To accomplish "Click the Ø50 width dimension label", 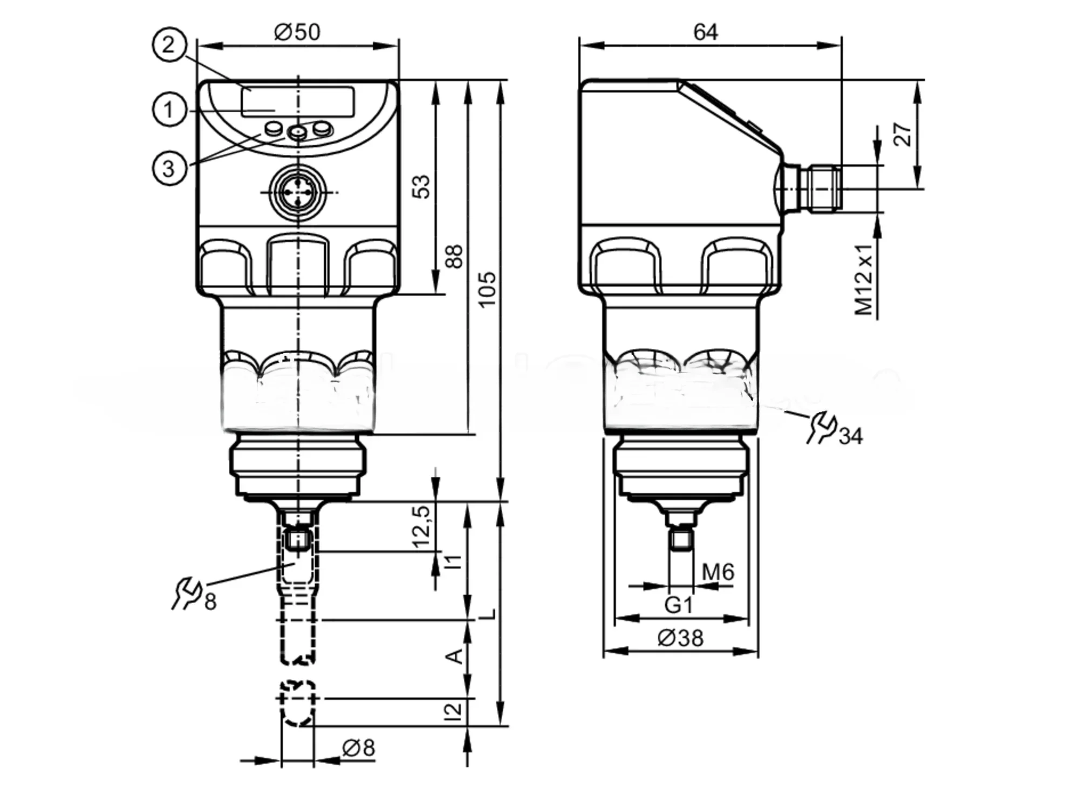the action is coord(297,32).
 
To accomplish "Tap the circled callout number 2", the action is coord(169,44).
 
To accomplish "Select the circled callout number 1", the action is coord(169,110).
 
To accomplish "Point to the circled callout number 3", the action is coord(169,168).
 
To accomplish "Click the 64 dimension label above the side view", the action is coord(705,32).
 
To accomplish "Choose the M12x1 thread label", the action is coord(864,279).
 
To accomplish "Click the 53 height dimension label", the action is coord(422,186).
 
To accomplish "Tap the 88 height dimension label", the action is coord(455,256).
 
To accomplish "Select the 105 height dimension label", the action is coord(487,290).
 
